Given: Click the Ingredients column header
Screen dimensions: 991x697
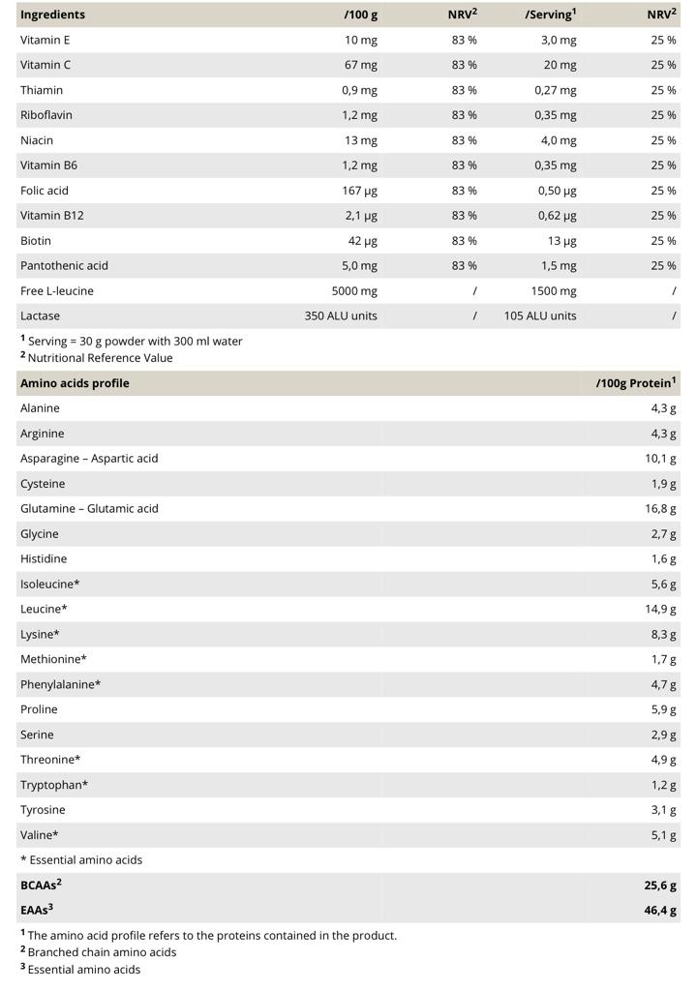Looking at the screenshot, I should (x=52, y=15).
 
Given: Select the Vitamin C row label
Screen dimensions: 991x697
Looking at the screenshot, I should (x=45, y=65).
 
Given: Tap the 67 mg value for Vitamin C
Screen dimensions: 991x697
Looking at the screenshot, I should (x=361, y=65).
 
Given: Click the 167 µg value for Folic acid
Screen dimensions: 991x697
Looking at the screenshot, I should (x=359, y=191).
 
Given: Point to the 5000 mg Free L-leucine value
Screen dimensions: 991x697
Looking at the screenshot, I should (x=354, y=290).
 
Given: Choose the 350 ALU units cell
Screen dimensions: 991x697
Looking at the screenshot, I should (x=341, y=315).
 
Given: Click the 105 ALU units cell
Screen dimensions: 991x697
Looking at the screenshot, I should (x=540, y=315).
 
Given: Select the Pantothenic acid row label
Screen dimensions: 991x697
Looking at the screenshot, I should (x=64, y=265).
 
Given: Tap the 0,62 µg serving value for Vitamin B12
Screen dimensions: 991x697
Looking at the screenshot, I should (x=557, y=216).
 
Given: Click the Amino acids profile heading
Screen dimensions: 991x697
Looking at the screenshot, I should (x=75, y=383).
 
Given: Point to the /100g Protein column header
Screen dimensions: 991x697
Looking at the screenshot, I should (x=635, y=383).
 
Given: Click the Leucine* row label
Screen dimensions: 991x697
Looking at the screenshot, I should (x=44, y=609).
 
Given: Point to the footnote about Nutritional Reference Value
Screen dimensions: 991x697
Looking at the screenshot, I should (x=100, y=358).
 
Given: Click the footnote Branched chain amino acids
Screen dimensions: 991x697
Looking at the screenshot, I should (x=102, y=952).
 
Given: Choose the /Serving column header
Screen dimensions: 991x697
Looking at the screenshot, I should (x=550, y=15).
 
